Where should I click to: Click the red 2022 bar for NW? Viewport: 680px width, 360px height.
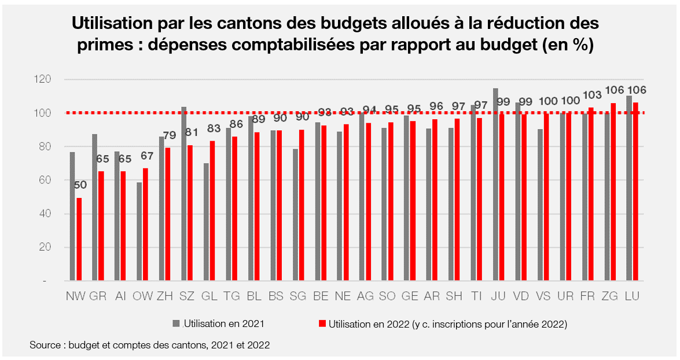coord(79,240)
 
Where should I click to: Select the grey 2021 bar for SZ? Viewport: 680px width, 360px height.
coord(184,194)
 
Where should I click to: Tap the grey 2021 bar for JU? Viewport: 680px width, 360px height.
coord(495,185)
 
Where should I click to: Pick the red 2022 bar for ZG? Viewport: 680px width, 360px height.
coord(613,192)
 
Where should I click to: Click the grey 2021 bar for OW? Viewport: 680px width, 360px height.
coord(139,232)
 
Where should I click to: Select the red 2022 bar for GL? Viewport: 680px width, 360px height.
coord(212,211)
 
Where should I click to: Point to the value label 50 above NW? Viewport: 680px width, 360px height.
coord(80,185)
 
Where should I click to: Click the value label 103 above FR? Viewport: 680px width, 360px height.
coord(592,95)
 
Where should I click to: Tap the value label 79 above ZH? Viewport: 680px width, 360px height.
coord(170,135)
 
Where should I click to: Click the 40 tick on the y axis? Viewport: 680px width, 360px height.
coord(45,214)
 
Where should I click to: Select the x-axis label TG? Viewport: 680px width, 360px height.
coord(231,296)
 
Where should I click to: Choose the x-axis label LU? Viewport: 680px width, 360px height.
coord(632,296)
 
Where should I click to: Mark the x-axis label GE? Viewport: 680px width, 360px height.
coord(410,296)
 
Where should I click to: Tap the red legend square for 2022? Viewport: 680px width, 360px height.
coord(322,324)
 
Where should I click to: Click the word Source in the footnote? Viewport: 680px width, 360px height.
coord(45,346)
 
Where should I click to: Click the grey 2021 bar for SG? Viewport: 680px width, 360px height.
coord(295,215)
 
